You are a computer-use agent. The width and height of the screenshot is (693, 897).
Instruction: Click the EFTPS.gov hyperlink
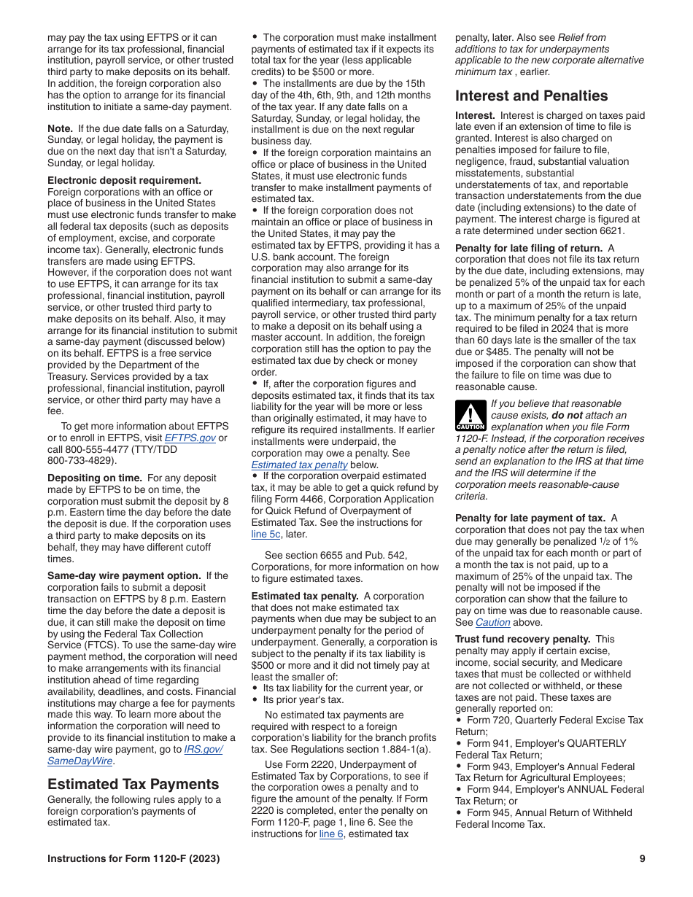(190, 438)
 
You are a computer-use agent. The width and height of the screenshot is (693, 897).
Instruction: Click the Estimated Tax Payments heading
(133, 784)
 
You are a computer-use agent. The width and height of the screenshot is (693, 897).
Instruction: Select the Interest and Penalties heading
(531, 96)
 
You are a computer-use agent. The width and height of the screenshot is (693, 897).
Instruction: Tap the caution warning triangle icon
(471, 415)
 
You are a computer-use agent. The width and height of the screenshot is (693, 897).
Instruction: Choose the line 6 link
(331, 834)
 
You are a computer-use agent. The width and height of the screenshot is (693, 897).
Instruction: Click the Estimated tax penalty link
(299, 465)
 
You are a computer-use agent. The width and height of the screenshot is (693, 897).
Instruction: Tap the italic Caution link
(492, 622)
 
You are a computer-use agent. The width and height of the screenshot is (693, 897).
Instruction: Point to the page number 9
(642, 858)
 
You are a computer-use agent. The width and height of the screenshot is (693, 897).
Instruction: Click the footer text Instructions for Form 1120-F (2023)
(133, 858)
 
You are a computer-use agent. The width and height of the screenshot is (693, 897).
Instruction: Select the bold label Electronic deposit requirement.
(124, 180)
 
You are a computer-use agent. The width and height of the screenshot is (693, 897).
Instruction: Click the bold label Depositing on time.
(94, 478)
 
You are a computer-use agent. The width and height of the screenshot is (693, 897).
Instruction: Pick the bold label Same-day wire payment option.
(124, 575)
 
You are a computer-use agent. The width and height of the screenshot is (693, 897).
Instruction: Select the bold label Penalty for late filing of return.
(529, 247)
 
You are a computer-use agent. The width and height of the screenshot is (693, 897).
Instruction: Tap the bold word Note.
(60, 128)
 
